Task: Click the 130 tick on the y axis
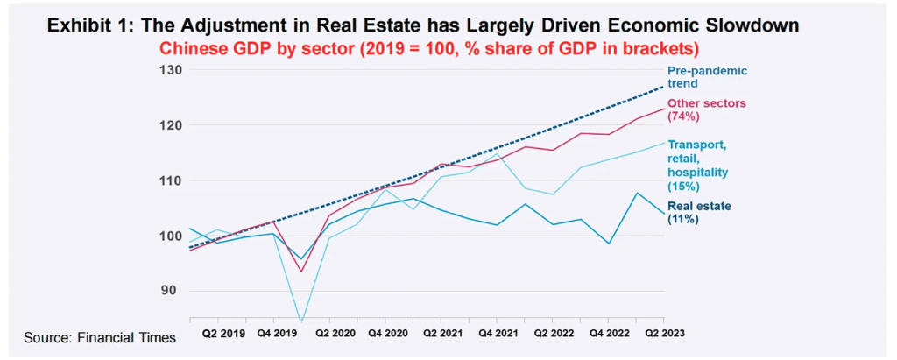(x=170, y=70)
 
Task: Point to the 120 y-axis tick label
(x=170, y=125)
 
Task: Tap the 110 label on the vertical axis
(x=170, y=180)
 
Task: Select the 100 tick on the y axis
(x=170, y=236)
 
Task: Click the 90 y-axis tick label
(x=173, y=291)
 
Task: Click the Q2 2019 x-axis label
(x=223, y=333)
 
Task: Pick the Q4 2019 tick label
(x=278, y=333)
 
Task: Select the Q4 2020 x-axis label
(x=388, y=333)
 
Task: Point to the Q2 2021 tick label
(x=443, y=333)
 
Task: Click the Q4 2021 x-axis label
(x=498, y=333)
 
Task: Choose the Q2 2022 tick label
(x=554, y=333)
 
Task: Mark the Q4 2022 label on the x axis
(x=609, y=333)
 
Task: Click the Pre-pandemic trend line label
(x=707, y=77)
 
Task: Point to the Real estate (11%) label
(x=699, y=213)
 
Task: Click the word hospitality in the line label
(x=697, y=173)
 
